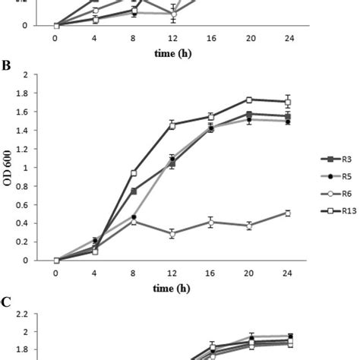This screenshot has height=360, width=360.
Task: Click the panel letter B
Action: click(6, 65)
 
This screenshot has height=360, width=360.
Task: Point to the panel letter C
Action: click(6, 302)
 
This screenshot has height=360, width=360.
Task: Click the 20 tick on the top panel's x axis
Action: click(249, 38)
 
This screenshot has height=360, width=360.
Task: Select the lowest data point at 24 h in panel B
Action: click(287, 213)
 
